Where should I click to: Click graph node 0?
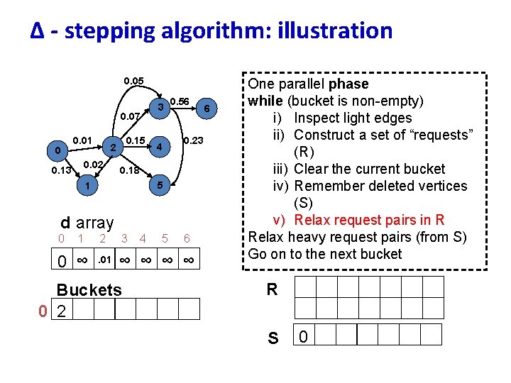[57, 151]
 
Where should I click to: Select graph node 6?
[207, 109]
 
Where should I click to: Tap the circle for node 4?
[160, 147]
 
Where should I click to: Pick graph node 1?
[87, 186]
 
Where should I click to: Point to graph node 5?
[160, 185]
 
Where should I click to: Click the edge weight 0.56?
[180, 101]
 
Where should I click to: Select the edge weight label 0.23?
[193, 140]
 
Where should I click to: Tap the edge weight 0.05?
[133, 81]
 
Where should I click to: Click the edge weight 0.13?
[61, 170]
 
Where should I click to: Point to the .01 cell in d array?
[104, 259]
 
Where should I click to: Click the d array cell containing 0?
[62, 259]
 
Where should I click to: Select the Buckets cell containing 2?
[62, 309]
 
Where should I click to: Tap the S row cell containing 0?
[304, 335]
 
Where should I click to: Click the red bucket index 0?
[43, 311]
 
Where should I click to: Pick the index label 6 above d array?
[187, 238]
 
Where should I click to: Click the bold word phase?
[348, 84]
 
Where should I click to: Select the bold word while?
[265, 101]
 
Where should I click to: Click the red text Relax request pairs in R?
[369, 220]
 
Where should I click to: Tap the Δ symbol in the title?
[37, 30]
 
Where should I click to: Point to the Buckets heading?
[89, 290]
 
